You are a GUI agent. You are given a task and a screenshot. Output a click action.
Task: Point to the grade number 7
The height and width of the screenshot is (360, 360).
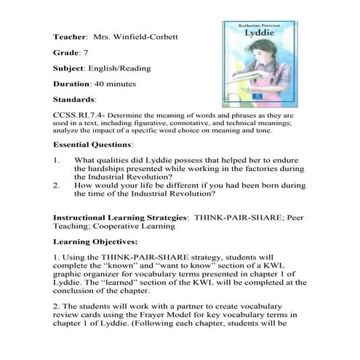tap(87, 53)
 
